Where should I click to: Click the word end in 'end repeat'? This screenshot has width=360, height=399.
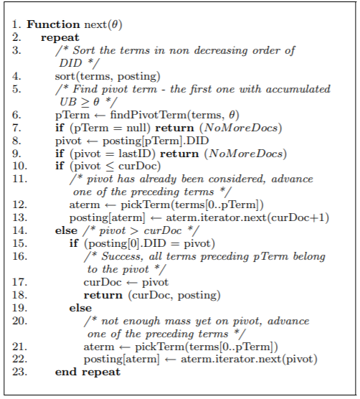[65, 372]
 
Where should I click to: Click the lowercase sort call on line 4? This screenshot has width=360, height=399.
[67, 75]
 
